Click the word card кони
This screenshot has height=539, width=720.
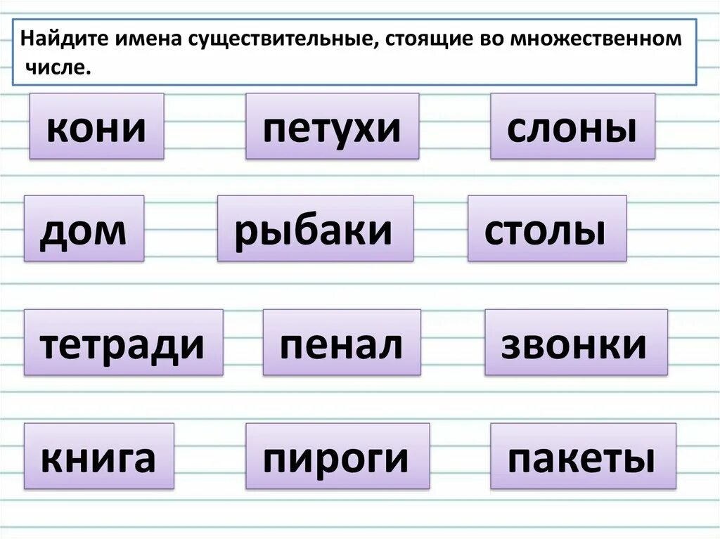point(96,126)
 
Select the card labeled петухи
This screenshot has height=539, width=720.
point(332,126)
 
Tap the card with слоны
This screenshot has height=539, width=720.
point(572,126)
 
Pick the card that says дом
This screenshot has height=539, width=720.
point(84,229)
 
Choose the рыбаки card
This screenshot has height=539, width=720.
point(315,229)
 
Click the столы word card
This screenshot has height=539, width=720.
point(546,229)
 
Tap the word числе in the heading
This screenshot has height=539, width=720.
point(60,68)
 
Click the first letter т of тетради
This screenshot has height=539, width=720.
point(50,344)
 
